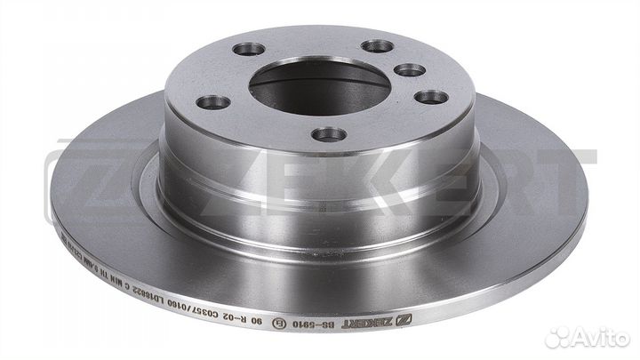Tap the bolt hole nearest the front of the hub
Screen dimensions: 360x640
(x=331, y=134)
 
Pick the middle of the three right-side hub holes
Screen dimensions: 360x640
(x=408, y=70)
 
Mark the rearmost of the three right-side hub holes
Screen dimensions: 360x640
(x=378, y=45)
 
